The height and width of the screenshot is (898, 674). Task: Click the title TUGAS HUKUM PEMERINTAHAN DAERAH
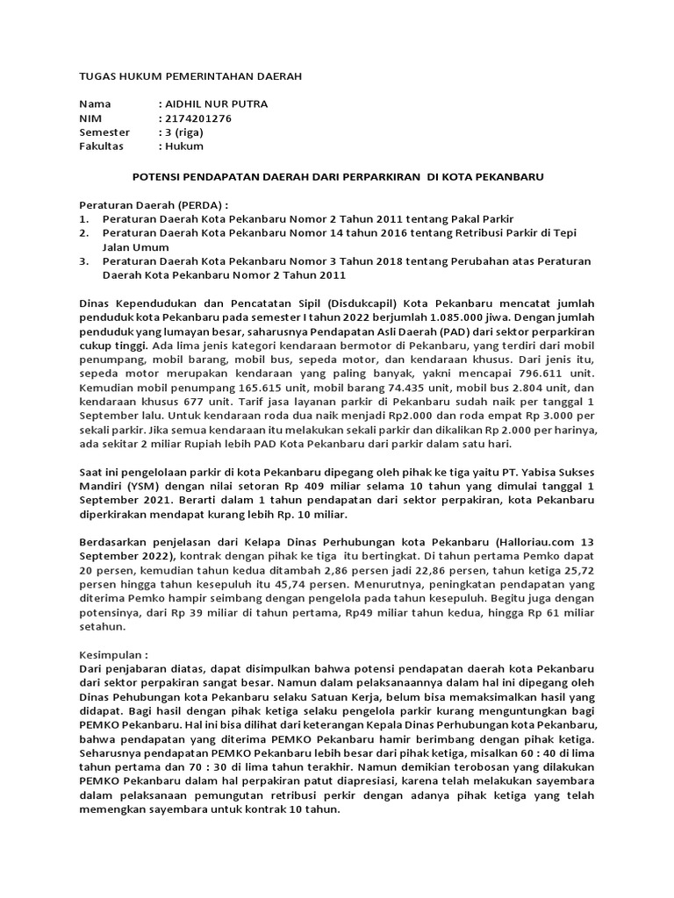190,76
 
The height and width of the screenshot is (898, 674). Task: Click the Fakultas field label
102,146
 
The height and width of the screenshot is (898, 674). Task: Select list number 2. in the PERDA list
84,232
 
